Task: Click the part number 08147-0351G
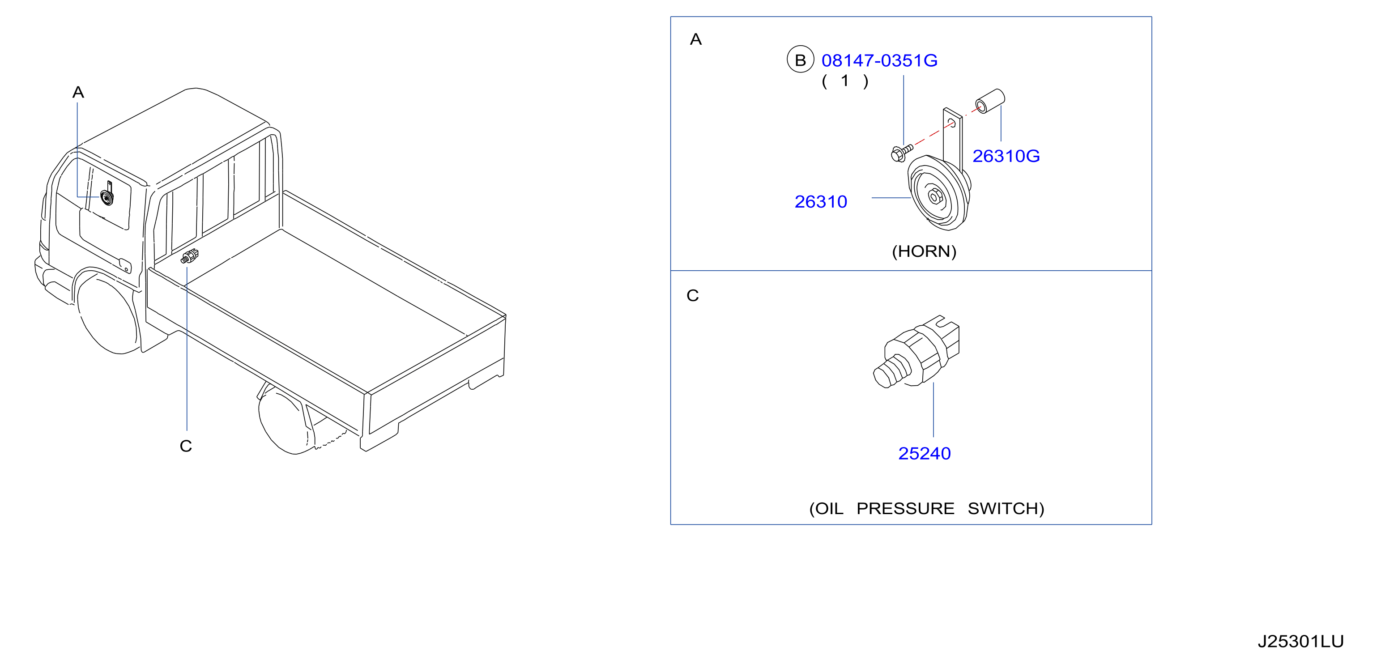879,60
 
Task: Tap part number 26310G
1006,156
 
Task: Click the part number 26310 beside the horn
821,202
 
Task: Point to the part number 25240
924,454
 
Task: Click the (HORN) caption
924,251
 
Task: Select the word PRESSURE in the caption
905,508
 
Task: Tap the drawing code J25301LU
1300,641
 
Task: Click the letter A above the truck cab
78,92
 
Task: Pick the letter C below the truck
186,446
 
